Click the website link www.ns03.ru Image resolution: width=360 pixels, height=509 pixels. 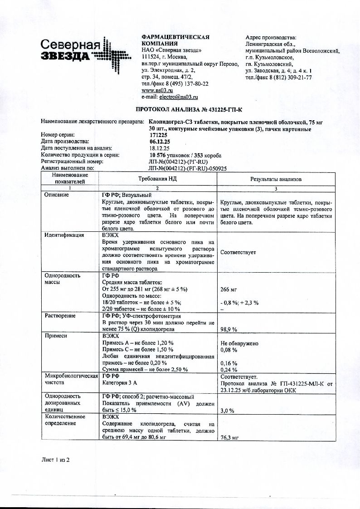[x=155, y=90]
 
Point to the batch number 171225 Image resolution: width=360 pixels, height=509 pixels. [x=158, y=135]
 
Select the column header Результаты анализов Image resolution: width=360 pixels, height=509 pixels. [x=276, y=179]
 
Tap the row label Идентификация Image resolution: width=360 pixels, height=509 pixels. [x=64, y=235]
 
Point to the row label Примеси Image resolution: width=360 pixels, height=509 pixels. [x=55, y=336]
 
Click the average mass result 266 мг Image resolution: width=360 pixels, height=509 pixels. [x=229, y=289]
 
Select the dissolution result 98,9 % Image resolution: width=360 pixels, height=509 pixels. [x=229, y=329]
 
